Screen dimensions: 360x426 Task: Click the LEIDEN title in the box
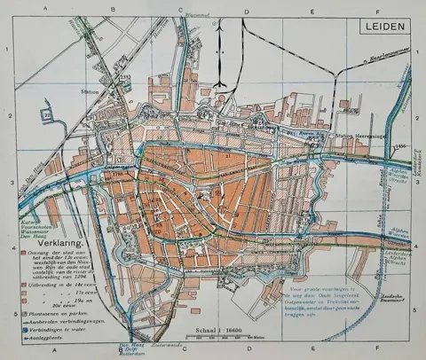[386, 26]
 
